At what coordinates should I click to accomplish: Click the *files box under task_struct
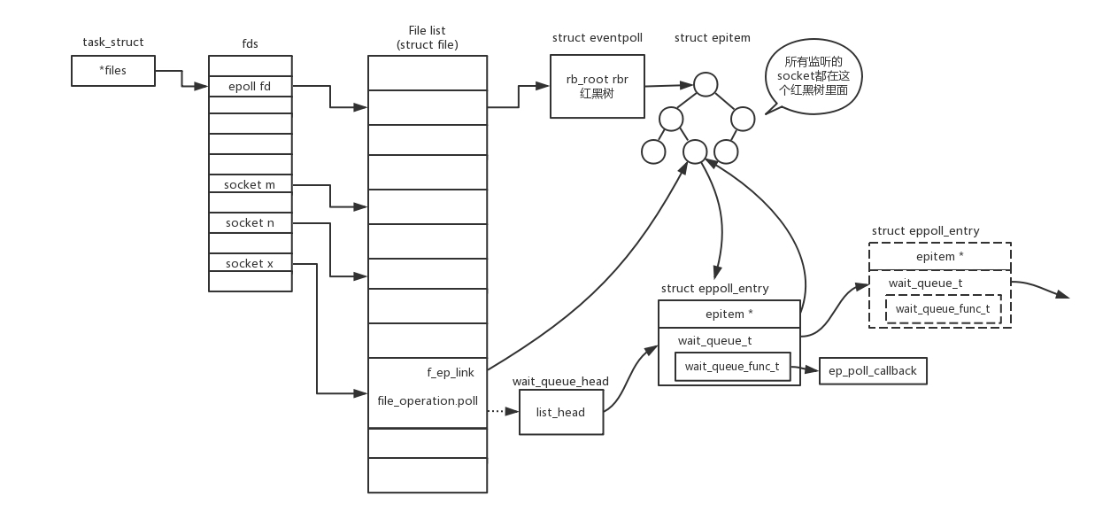pos(113,71)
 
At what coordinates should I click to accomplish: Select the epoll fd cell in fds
pos(250,86)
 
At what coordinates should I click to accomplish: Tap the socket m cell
pos(250,184)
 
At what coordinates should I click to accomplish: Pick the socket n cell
pos(250,223)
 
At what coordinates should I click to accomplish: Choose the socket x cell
pos(250,263)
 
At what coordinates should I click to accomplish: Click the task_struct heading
pos(113,42)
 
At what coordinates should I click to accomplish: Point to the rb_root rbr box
pos(597,86)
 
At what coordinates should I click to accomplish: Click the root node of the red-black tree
pos(705,84)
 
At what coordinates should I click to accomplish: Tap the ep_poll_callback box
pos(873,371)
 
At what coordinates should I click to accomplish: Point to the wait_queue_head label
pos(560,382)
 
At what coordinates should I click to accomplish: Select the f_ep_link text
pos(451,373)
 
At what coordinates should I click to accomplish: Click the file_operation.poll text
pos(428,401)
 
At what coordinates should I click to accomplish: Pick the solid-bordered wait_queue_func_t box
pos(732,367)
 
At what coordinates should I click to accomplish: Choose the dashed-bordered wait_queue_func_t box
pos(943,309)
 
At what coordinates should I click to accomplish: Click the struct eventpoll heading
pos(597,38)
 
